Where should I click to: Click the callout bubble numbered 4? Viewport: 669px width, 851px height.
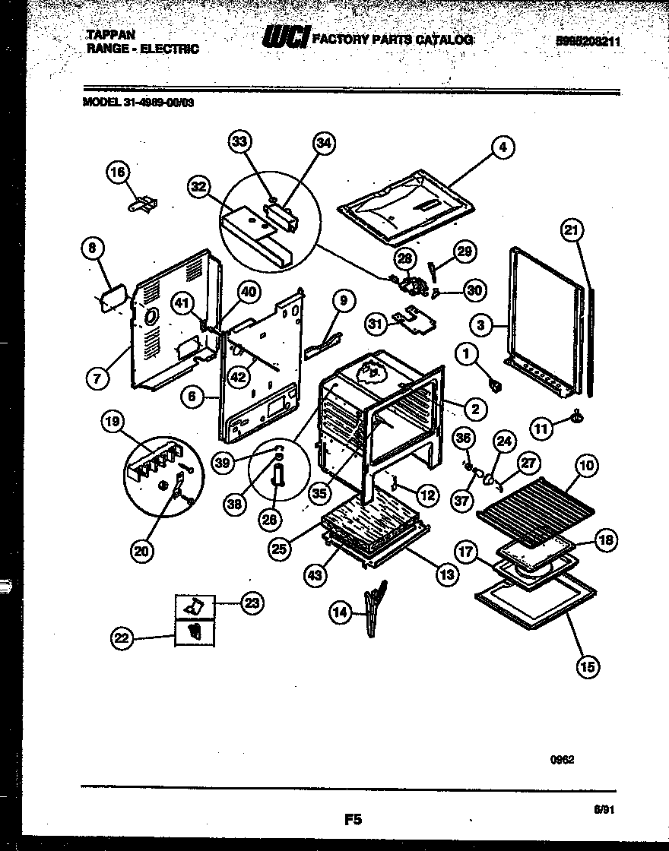tap(502, 147)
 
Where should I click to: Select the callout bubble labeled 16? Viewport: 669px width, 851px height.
tap(117, 174)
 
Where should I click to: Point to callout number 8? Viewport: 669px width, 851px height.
tap(92, 248)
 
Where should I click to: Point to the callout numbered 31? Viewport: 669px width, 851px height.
tap(375, 324)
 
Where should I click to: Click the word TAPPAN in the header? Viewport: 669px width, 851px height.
tap(105, 36)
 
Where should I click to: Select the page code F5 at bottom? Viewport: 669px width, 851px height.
tap(352, 819)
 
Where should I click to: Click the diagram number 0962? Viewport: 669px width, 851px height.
tap(563, 758)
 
